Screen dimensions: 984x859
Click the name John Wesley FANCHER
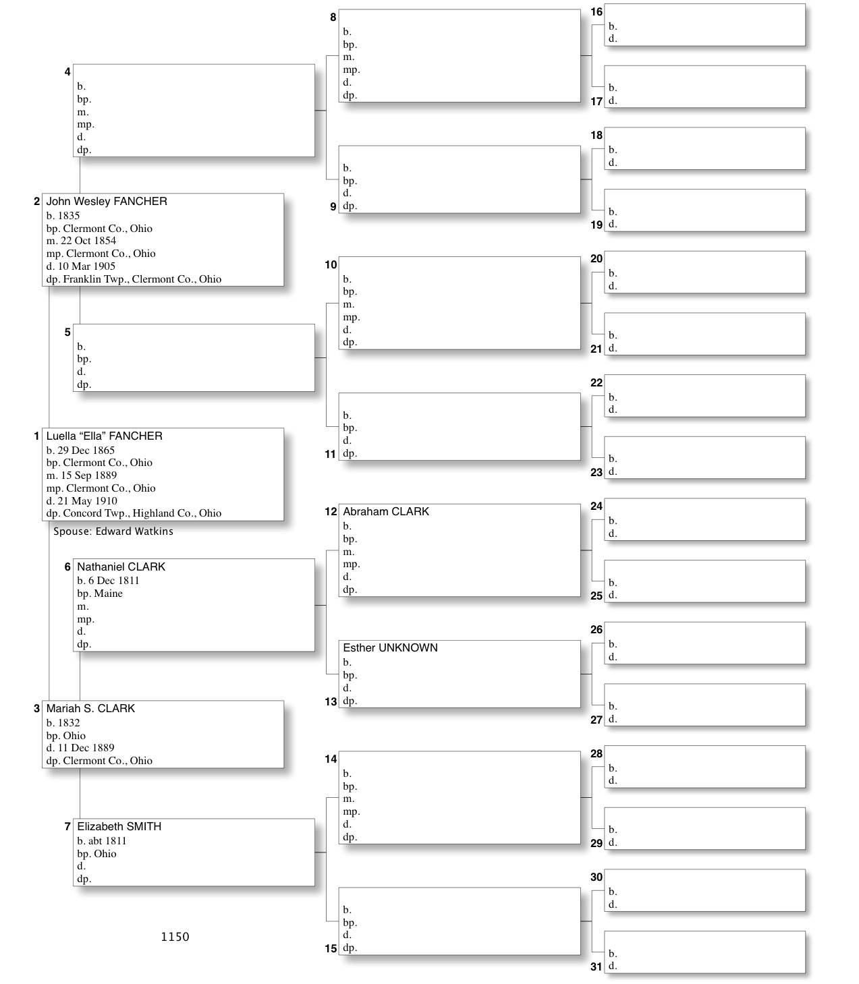point(107,202)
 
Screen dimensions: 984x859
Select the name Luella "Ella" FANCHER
point(104,436)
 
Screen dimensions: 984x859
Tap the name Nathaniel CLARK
point(121,567)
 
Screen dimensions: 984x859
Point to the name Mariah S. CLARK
point(90,709)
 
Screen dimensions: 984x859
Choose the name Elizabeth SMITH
point(119,827)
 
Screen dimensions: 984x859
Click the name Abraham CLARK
point(385,512)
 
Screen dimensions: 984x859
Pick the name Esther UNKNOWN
point(390,648)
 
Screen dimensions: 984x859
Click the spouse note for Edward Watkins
point(113,531)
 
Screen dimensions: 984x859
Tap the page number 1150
point(175,937)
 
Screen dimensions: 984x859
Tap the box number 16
point(597,11)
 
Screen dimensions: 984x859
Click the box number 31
point(597,966)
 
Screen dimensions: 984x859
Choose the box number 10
point(331,265)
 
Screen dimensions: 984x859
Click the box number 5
point(67,332)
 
